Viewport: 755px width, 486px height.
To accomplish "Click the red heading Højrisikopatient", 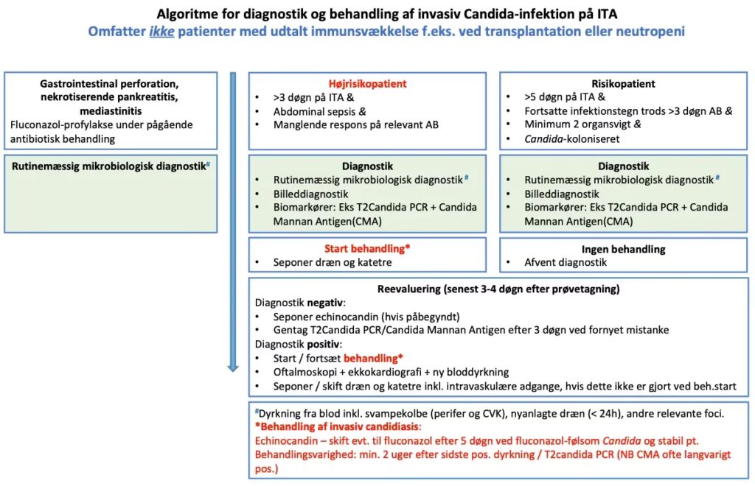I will coord(367,84).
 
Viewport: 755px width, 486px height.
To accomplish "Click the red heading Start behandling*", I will coord(367,249).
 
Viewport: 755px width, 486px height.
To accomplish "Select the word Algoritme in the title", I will coord(185,14).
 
